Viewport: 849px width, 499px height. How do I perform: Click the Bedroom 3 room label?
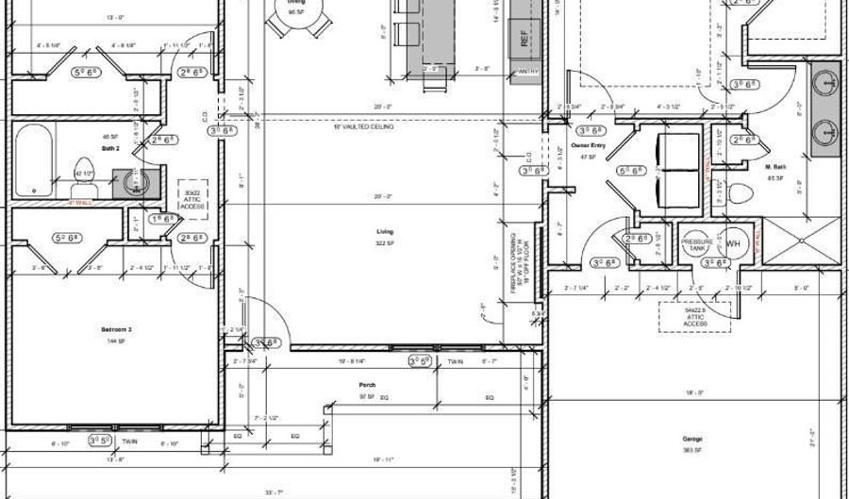[x=115, y=329]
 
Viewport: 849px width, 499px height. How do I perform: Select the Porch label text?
[x=368, y=385]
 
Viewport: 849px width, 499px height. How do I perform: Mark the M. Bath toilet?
[x=741, y=194]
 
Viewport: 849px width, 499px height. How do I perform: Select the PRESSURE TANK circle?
[x=698, y=242]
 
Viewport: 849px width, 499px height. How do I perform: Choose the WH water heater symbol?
[x=733, y=243]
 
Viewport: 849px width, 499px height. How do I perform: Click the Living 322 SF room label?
[x=384, y=237]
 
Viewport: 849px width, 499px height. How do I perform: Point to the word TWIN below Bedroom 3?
[x=130, y=440]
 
